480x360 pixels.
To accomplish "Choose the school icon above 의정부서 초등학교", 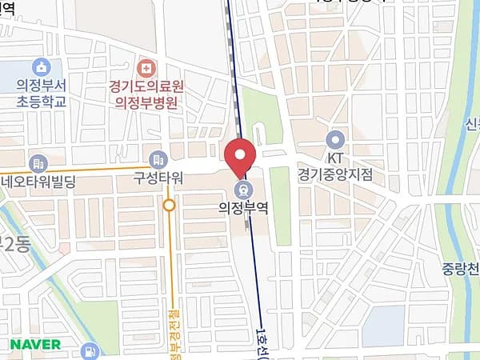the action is click(41, 66).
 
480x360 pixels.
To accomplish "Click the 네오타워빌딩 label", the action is click(38, 181).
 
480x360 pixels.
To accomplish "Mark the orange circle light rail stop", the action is click(169, 206).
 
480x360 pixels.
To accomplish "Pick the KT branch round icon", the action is click(335, 138).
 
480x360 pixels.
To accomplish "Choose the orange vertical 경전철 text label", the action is click(173, 328).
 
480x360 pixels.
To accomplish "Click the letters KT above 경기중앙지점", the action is click(335, 157).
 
